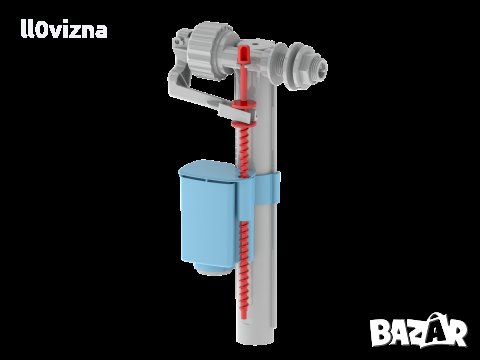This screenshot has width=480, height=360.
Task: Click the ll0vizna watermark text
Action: pyautogui.click(x=64, y=29)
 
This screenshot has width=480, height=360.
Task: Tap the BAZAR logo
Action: pyautogui.click(x=419, y=330)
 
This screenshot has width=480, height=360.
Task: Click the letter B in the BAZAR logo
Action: pyautogui.click(x=380, y=332)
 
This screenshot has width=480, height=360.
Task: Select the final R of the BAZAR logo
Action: pyautogui.click(x=456, y=333)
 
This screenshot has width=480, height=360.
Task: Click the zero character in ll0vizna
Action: pyautogui.click(x=40, y=30)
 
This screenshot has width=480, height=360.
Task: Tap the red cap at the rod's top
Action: pyautogui.click(x=244, y=54)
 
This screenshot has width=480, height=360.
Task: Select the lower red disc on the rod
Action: pyautogui.click(x=244, y=124)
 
